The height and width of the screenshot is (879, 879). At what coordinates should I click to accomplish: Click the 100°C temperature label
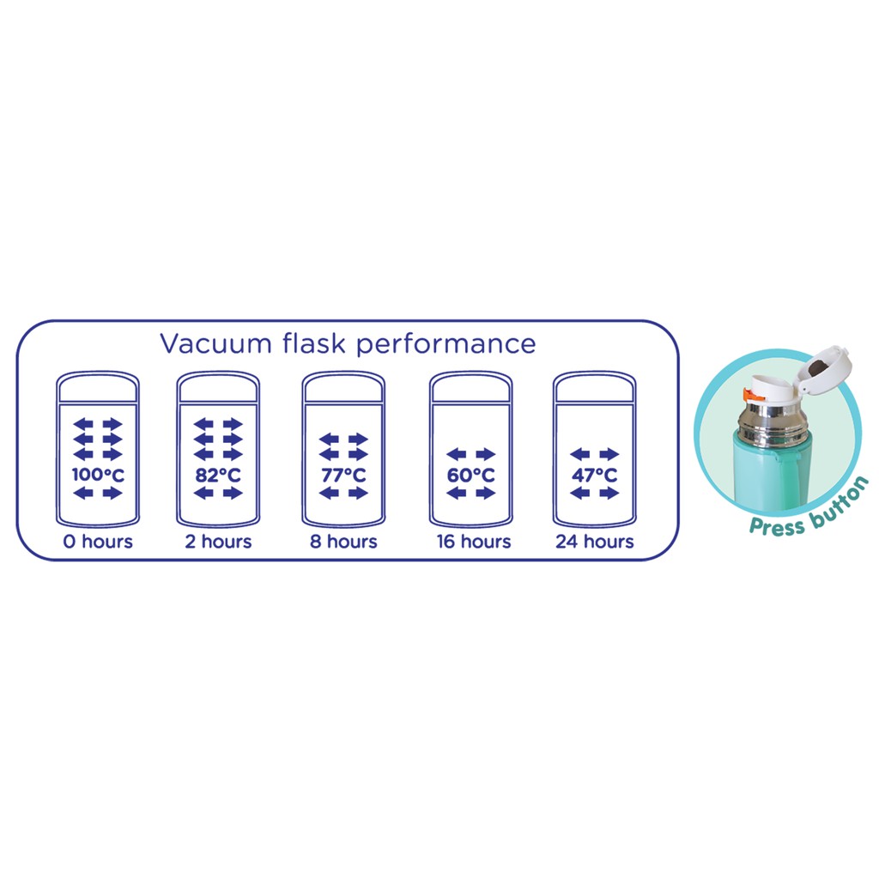[98, 474]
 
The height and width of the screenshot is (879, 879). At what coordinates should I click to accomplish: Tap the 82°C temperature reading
[218, 474]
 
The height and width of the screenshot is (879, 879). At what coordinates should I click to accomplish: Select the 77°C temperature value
[343, 475]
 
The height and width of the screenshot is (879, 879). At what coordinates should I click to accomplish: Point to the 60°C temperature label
[470, 474]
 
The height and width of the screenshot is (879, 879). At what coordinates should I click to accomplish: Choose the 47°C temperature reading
[595, 474]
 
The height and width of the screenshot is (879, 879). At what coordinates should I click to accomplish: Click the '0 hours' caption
[98, 542]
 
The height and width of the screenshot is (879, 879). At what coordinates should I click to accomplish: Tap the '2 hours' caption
[218, 542]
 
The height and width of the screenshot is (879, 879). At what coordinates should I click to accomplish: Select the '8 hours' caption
[343, 542]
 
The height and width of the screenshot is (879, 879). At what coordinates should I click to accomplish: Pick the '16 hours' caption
[470, 542]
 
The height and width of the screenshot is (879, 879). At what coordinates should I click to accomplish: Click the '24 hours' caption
[595, 542]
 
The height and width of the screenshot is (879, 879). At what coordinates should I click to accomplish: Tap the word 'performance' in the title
[446, 345]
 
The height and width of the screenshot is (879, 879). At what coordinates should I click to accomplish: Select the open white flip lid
[821, 367]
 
